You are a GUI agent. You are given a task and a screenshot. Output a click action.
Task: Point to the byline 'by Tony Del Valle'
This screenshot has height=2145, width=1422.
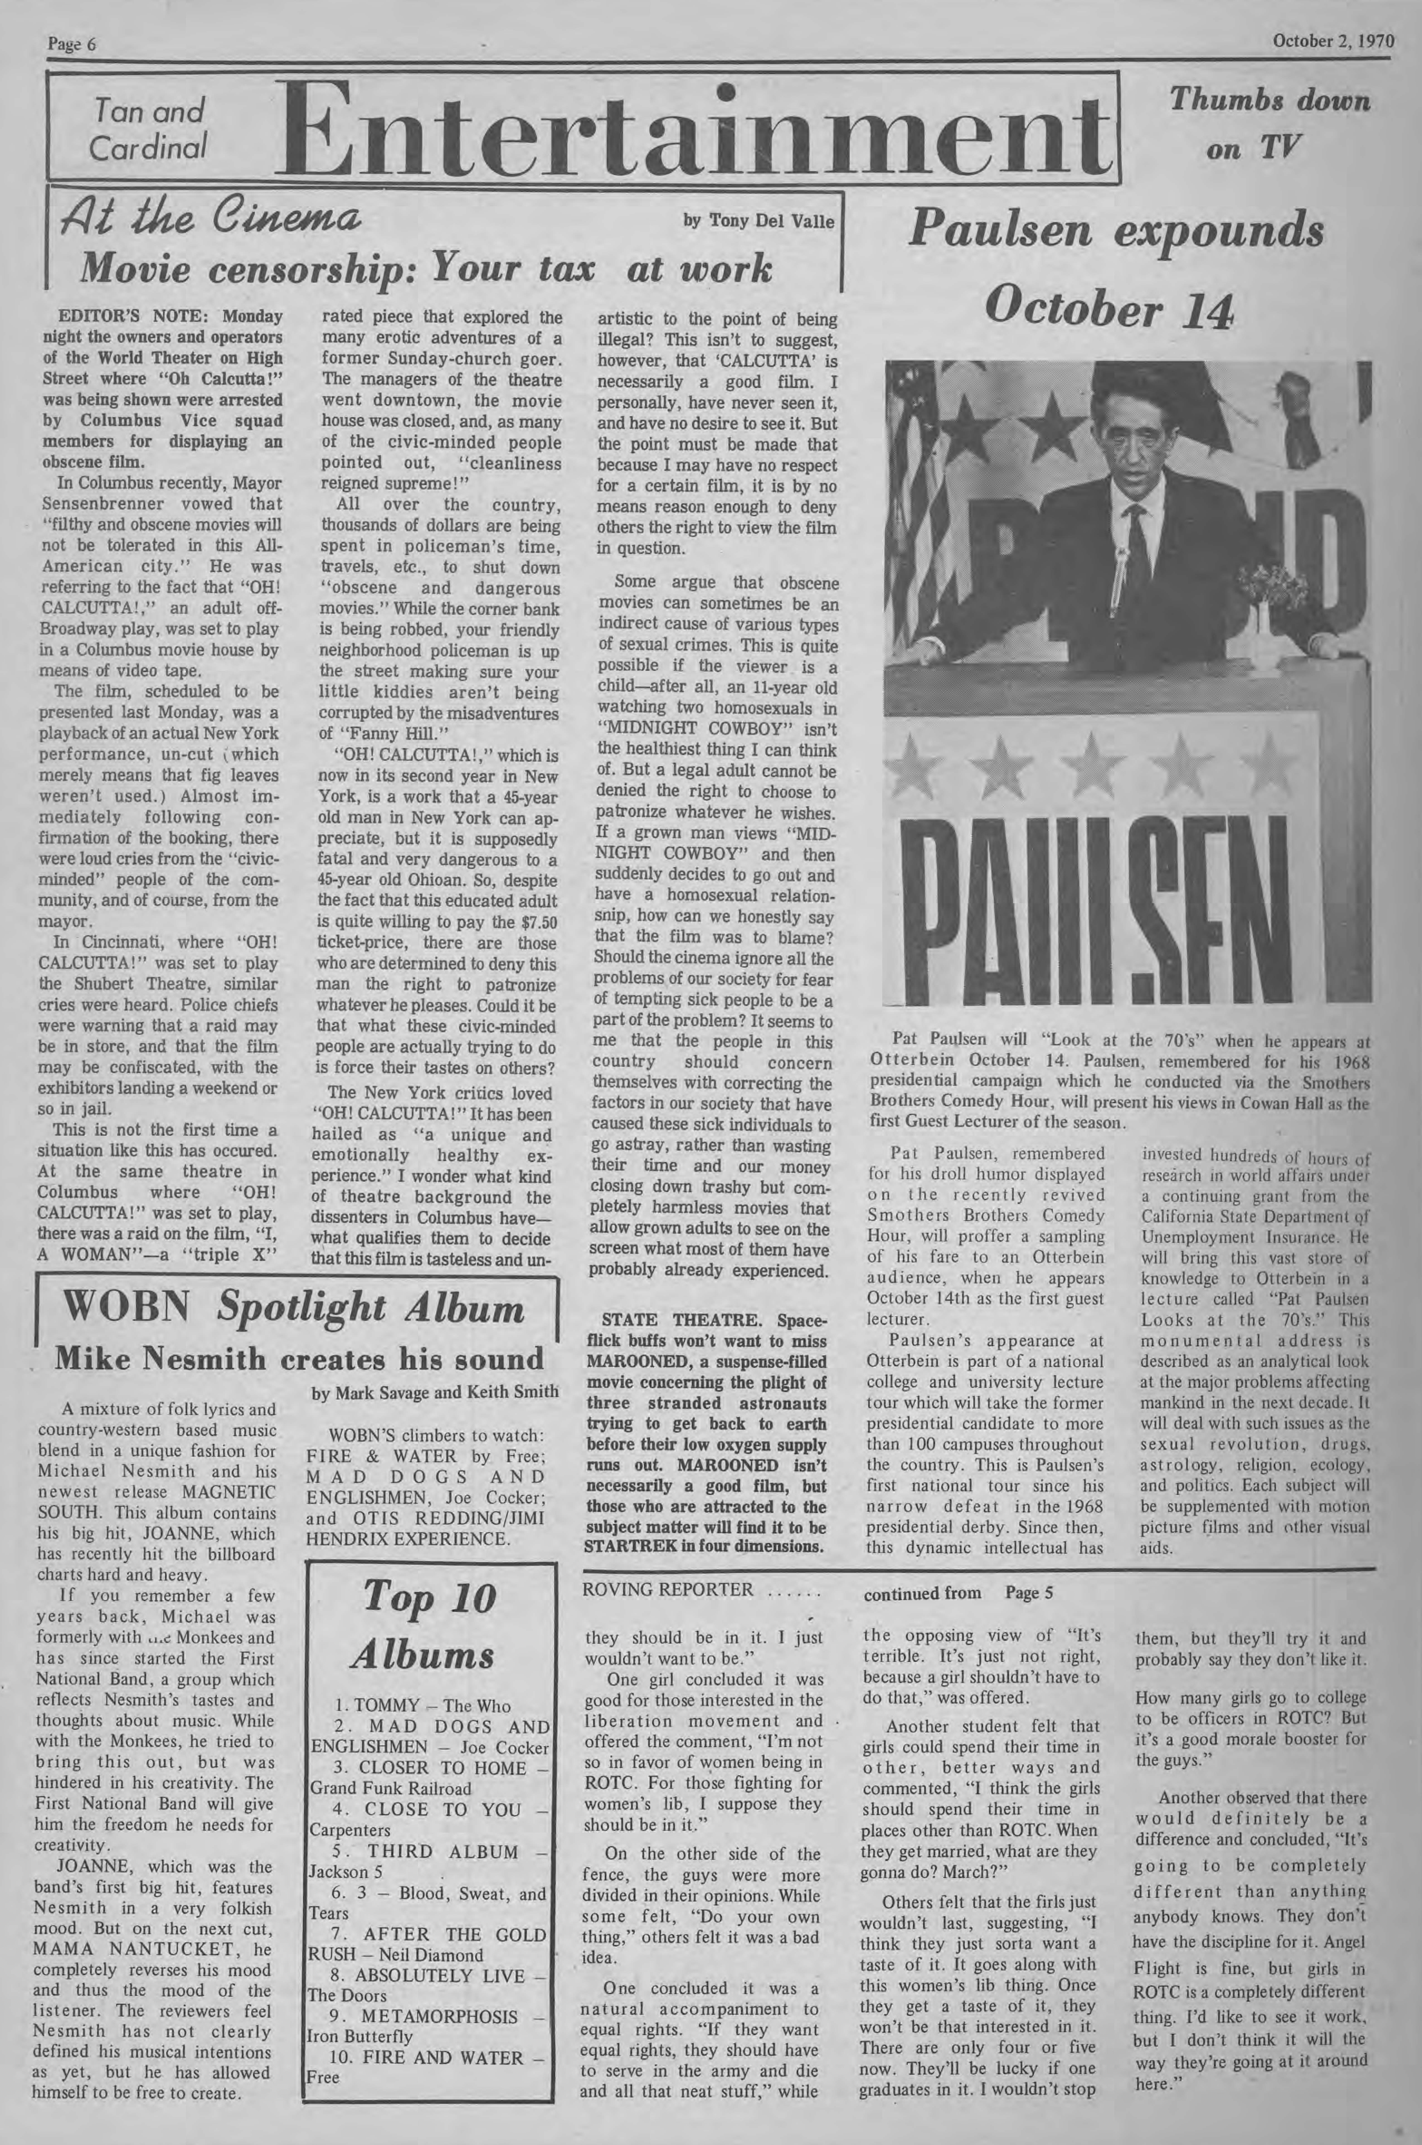tap(758, 220)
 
